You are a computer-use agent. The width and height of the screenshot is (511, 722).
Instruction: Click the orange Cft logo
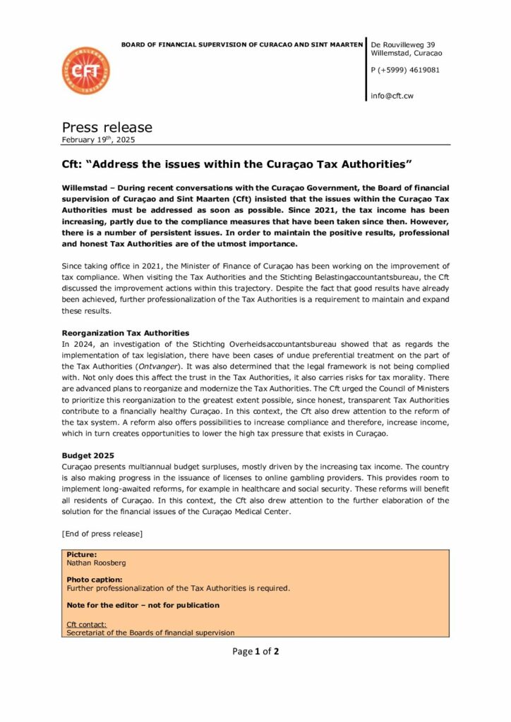(x=86, y=72)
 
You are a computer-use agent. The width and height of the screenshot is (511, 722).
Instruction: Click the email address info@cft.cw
(x=393, y=97)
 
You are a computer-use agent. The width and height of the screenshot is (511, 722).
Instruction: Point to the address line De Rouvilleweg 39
(x=407, y=44)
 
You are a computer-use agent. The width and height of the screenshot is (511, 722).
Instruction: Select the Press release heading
(x=107, y=128)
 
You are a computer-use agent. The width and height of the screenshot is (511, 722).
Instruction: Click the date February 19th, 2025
(x=98, y=140)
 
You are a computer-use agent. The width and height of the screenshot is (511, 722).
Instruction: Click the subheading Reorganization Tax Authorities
(x=126, y=333)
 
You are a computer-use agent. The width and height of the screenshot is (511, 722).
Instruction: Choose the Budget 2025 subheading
(x=88, y=456)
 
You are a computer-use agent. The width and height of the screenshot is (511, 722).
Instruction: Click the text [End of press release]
(x=102, y=534)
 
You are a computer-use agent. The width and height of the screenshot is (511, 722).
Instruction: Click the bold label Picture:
(x=81, y=555)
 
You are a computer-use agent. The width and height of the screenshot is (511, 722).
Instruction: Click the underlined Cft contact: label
(x=87, y=624)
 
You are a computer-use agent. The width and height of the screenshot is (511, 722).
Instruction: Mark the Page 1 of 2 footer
(x=255, y=651)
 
